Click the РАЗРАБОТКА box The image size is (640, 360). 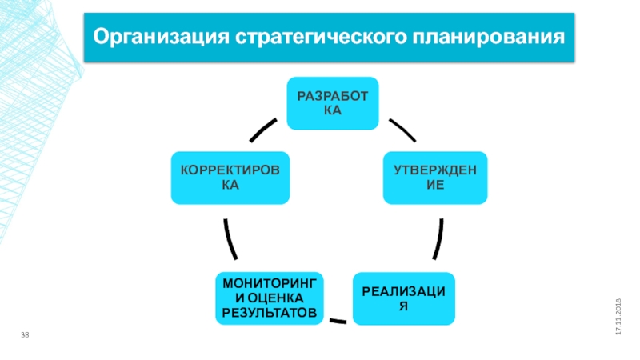pyautogui.click(x=333, y=103)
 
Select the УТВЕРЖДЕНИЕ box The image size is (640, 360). pyautogui.click(x=435, y=178)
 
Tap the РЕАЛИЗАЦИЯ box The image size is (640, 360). pyautogui.click(x=404, y=298)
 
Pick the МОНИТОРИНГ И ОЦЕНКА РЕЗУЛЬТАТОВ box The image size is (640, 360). pyautogui.click(x=270, y=298)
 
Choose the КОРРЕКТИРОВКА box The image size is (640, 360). pyautogui.click(x=230, y=178)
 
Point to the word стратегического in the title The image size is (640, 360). pyautogui.click(x=321, y=37)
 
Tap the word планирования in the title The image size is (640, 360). pyautogui.click(x=489, y=37)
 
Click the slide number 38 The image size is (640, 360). pyautogui.click(x=25, y=334)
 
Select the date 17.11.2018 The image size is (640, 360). pyautogui.click(x=618, y=317)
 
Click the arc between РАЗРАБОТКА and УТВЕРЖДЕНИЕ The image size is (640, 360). pyautogui.click(x=403, y=130)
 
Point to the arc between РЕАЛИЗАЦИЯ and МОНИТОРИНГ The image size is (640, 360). pyautogui.click(x=338, y=322)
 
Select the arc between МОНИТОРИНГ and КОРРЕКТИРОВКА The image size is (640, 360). pyautogui.click(x=230, y=239)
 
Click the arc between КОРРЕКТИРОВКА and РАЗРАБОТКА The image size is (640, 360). pyautogui.click(x=262, y=130)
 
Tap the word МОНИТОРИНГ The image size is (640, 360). pyautogui.click(x=270, y=284)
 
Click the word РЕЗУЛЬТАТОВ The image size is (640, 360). pyautogui.click(x=270, y=313)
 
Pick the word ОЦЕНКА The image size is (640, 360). pyautogui.click(x=275, y=298)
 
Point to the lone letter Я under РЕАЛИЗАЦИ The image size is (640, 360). pyautogui.click(x=404, y=306)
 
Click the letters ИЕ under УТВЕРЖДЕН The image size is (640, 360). pyautogui.click(x=435, y=185)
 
